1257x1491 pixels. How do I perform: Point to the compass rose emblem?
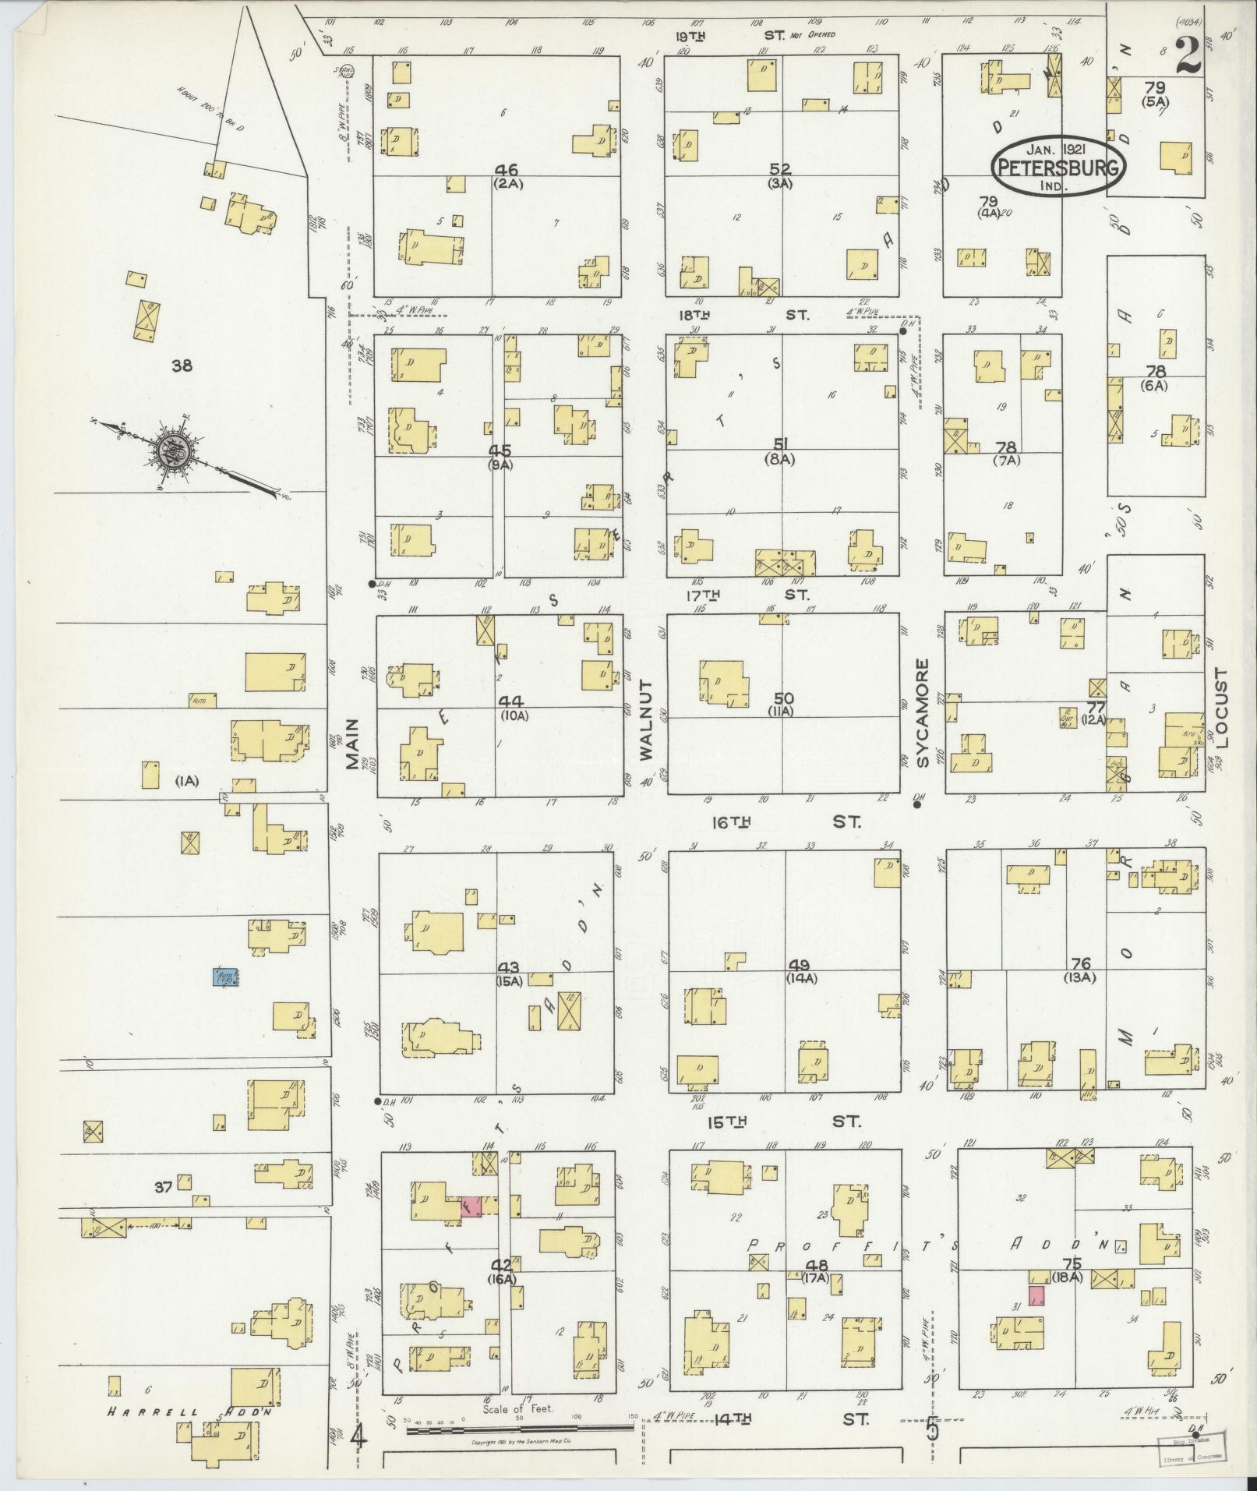[x=171, y=451]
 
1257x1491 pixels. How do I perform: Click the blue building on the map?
[x=227, y=977]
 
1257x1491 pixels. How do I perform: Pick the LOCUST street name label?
[x=1220, y=708]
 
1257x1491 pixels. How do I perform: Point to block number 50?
[x=781, y=698]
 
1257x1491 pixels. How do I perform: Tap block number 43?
[x=509, y=967]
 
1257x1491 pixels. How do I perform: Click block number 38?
[x=182, y=366]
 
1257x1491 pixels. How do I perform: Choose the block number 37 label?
[x=162, y=1187]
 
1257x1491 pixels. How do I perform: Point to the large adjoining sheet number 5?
[x=932, y=1430]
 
